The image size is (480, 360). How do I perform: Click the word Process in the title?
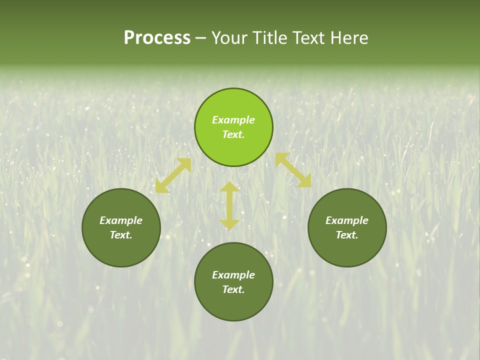click(157, 38)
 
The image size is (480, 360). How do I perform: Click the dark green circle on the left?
click(121, 250)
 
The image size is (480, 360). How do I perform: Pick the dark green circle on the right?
click(347, 250)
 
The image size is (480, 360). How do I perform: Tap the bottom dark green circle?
click(233, 305)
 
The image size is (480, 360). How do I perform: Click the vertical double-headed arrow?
click(229, 205)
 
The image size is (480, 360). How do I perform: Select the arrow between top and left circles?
click(173, 175)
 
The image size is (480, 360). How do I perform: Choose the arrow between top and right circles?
click(293, 170)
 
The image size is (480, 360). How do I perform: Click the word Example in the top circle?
click(233, 120)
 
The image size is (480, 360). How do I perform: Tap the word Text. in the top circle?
click(233, 134)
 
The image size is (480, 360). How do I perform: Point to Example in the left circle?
click(121, 220)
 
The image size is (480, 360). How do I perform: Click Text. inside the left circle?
click(121, 235)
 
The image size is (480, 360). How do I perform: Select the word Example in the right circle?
click(347, 220)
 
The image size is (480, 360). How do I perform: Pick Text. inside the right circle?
click(347, 235)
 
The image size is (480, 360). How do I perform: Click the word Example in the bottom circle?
click(233, 275)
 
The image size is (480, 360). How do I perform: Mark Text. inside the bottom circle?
click(233, 289)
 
